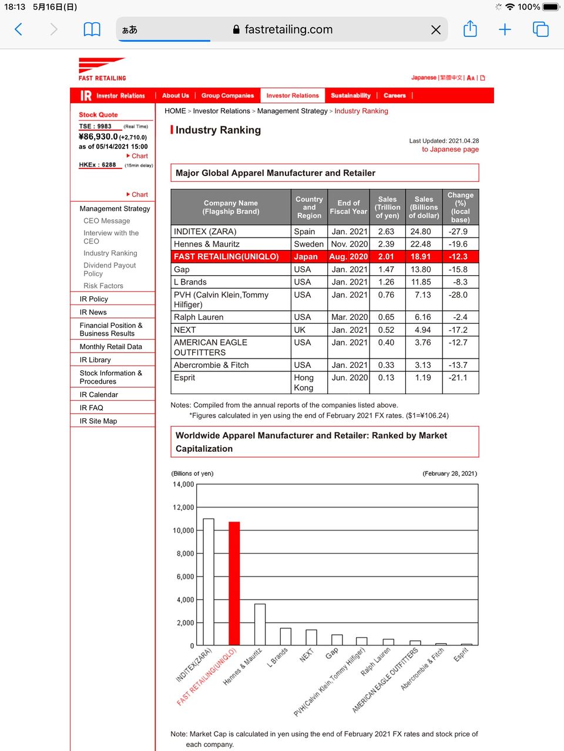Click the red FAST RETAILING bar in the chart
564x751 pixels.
click(x=234, y=583)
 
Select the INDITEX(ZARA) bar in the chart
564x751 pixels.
click(x=208, y=581)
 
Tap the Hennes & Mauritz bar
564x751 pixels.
click(x=260, y=624)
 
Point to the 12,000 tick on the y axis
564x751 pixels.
click(x=183, y=508)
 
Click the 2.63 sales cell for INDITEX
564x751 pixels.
click(x=386, y=232)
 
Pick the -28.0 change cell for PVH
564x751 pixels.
click(x=458, y=295)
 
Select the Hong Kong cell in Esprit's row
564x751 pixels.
click(x=304, y=383)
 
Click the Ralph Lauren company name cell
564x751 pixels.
click(x=199, y=317)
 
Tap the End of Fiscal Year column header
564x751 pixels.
click(x=348, y=207)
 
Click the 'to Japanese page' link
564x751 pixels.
click(x=450, y=150)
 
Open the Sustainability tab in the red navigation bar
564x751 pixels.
click(x=350, y=96)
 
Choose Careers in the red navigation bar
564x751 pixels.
click(x=395, y=96)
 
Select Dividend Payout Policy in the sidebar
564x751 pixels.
click(x=109, y=269)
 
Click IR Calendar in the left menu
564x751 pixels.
click(x=99, y=395)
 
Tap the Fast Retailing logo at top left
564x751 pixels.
click(x=102, y=69)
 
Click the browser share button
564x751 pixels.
click(x=470, y=29)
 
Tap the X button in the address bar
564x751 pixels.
click(x=436, y=30)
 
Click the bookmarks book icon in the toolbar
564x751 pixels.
click(x=92, y=29)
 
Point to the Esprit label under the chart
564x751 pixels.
click(x=461, y=655)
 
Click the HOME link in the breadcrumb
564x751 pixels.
click(x=175, y=111)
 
